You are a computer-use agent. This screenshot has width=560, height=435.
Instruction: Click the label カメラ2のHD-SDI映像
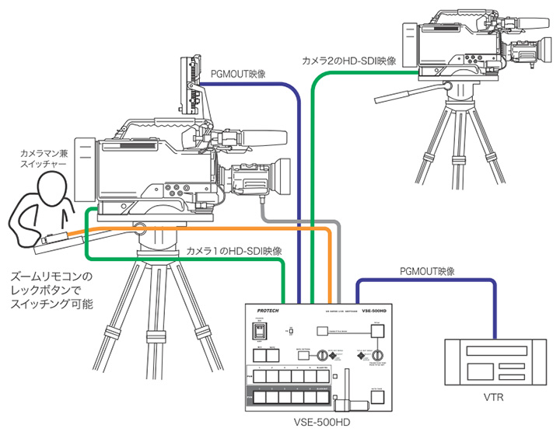[x=349, y=60]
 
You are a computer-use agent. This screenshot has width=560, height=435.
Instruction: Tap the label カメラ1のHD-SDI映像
[x=234, y=251]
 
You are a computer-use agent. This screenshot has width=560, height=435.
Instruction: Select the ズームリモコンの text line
[x=51, y=276]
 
